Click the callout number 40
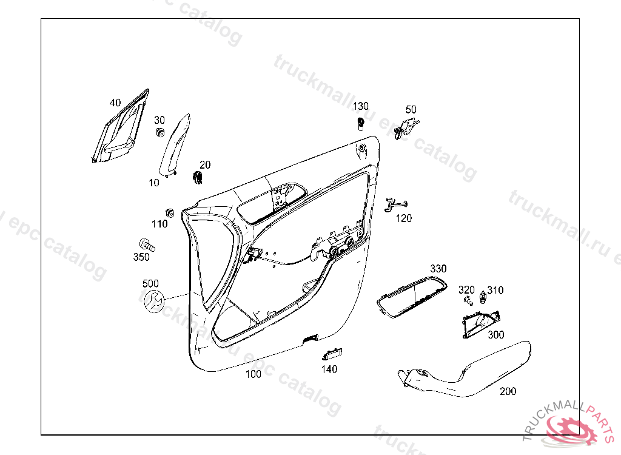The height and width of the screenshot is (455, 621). click(x=115, y=103)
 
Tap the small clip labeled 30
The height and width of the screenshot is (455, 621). click(x=161, y=133)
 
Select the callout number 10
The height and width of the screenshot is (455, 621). click(x=153, y=183)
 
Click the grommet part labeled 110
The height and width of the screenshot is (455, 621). click(x=170, y=212)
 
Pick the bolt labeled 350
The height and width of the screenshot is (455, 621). click(x=147, y=244)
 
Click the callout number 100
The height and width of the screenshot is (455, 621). click(x=253, y=374)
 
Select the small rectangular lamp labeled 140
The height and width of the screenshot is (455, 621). click(x=332, y=354)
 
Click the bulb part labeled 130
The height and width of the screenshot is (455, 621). click(x=361, y=123)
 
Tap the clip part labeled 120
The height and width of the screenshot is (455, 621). click(x=395, y=203)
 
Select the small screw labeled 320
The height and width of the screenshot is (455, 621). click(x=468, y=301)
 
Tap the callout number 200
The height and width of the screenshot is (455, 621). click(x=508, y=391)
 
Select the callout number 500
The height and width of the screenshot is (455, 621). click(x=150, y=283)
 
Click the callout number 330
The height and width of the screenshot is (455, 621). click(x=438, y=269)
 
